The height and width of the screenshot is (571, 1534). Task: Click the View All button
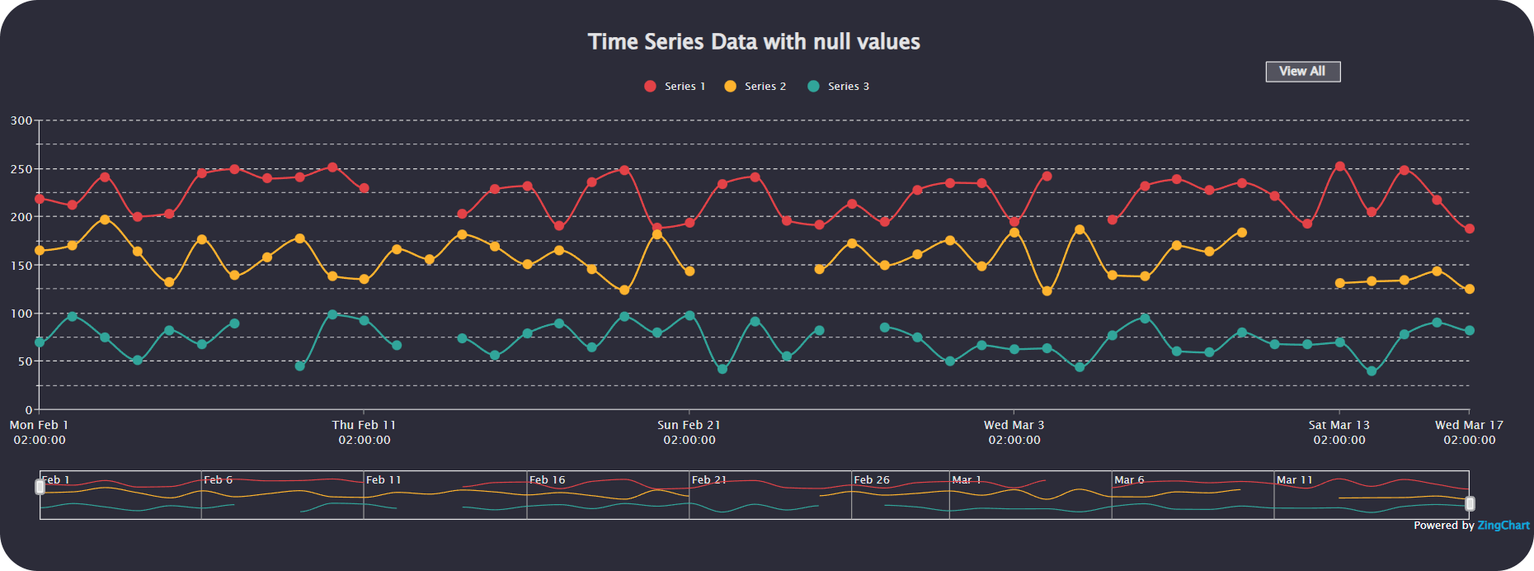pyautogui.click(x=1302, y=72)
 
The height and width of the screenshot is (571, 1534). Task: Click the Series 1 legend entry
pyautogui.click(x=675, y=87)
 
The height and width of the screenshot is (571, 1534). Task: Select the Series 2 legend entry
pyautogui.click(x=755, y=87)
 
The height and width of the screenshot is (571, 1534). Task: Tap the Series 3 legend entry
pyautogui.click(x=838, y=87)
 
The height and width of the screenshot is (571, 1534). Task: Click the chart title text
pyautogui.click(x=754, y=42)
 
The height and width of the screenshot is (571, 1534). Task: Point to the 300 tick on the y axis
pyautogui.click(x=21, y=120)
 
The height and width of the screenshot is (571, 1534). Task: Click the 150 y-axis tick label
pyautogui.click(x=21, y=266)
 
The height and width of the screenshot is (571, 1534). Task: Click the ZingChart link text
pyautogui.click(x=1503, y=526)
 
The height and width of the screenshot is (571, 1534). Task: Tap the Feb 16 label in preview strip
pyautogui.click(x=547, y=480)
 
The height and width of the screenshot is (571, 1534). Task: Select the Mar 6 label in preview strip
pyautogui.click(x=1129, y=480)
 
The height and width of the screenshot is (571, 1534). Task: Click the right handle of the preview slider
pyautogui.click(x=1469, y=503)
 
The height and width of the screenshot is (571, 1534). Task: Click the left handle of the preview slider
pyautogui.click(x=40, y=487)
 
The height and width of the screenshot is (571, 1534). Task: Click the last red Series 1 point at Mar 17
pyautogui.click(x=1469, y=229)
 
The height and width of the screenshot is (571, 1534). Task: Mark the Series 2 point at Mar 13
pyautogui.click(x=1339, y=283)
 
